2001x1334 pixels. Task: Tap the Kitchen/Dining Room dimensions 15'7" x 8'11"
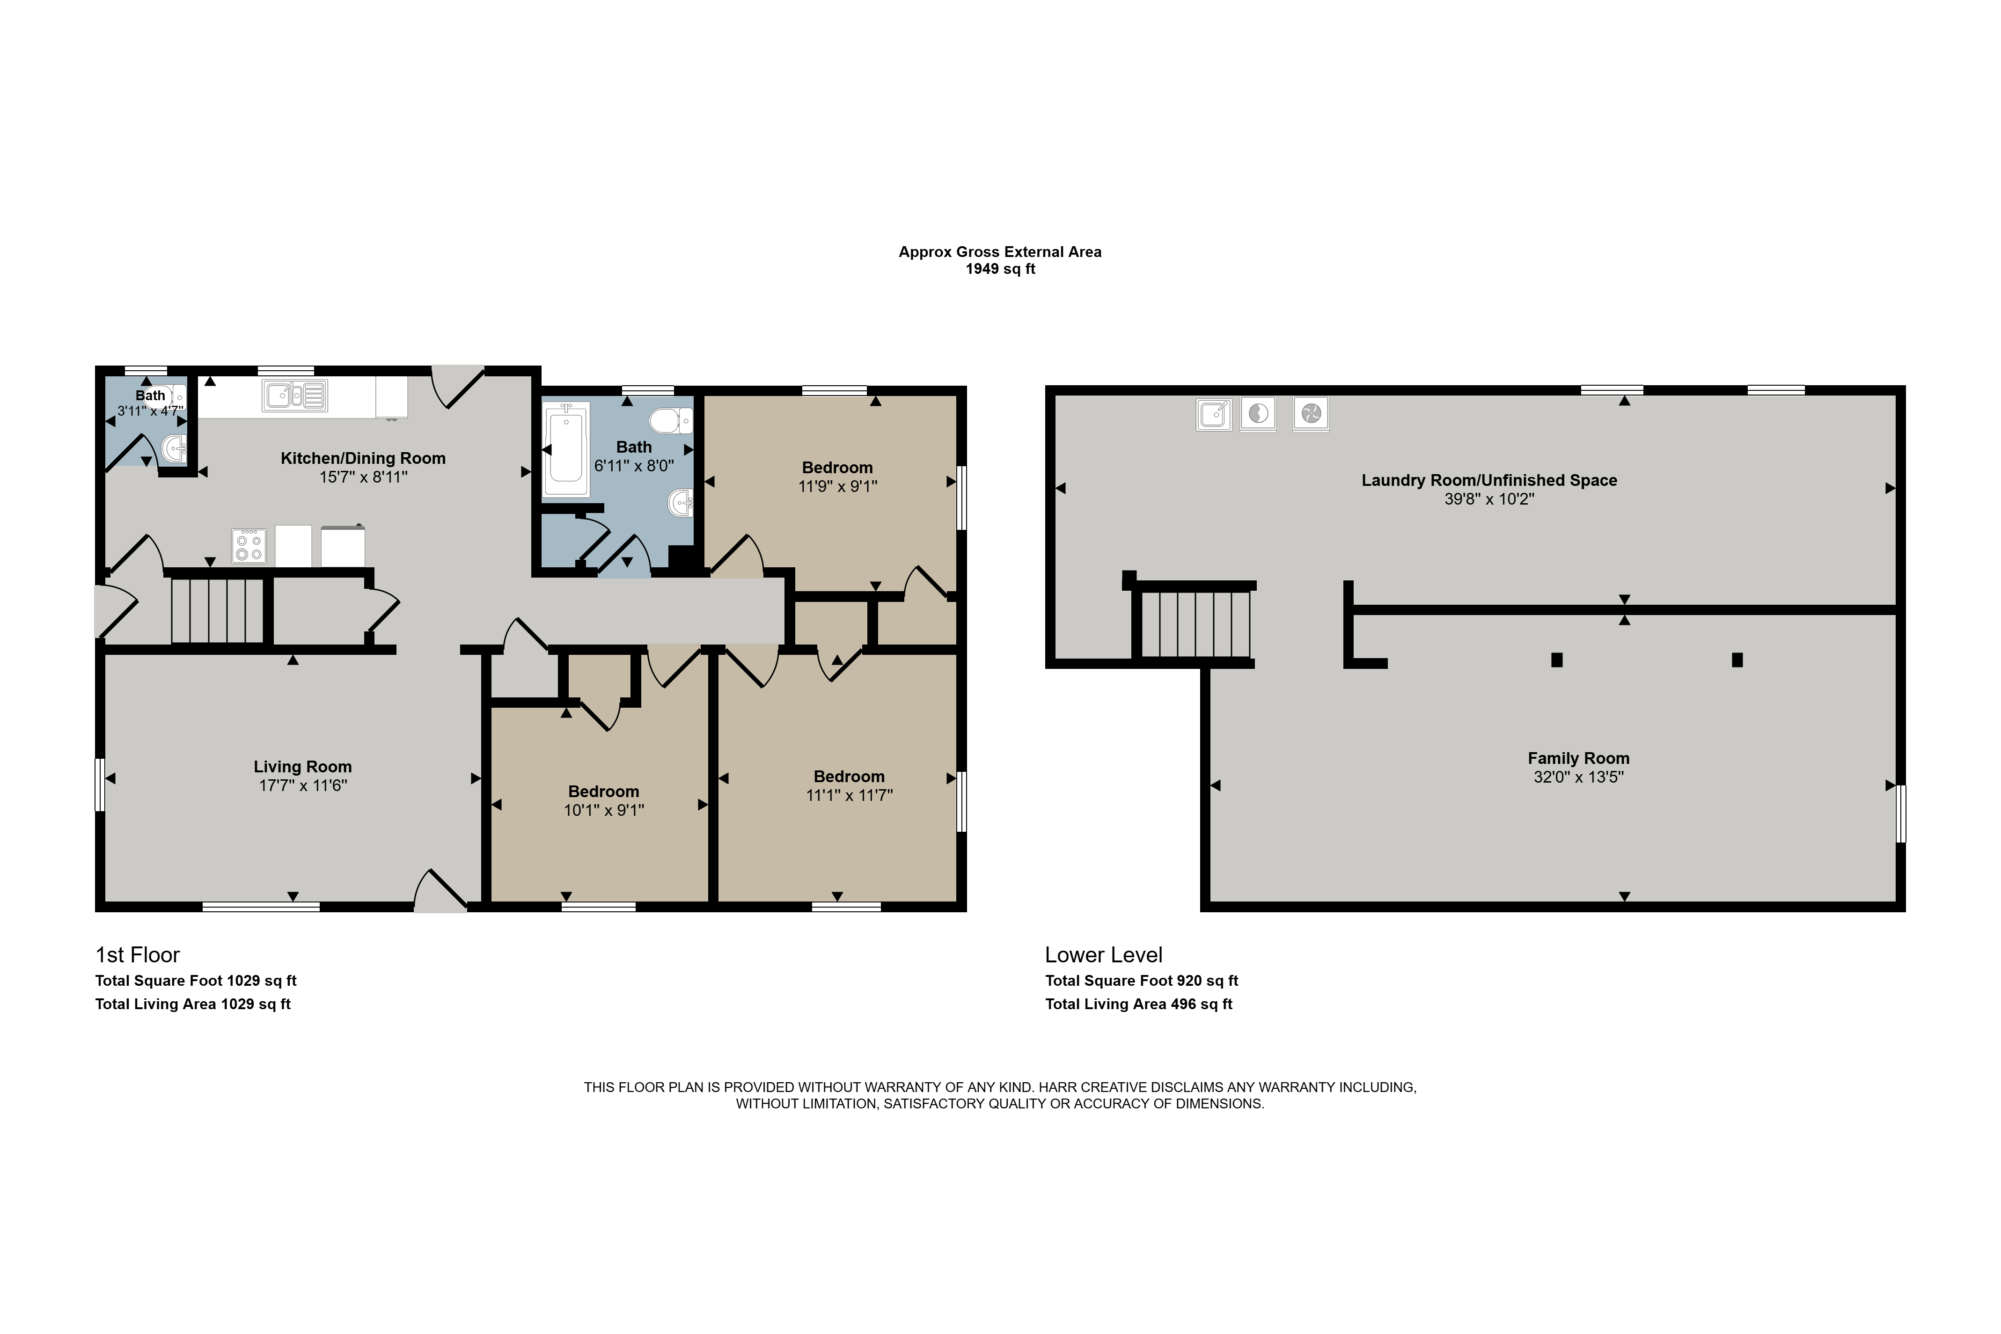pos(363,477)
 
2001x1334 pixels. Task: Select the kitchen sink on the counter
pos(294,396)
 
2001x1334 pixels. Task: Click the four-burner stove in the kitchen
pos(249,546)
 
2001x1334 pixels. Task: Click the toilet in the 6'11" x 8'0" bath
pos(670,420)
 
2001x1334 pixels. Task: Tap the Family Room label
pos(1578,758)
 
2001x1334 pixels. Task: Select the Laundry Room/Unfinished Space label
pos(1489,480)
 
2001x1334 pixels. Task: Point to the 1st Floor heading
pos(138,954)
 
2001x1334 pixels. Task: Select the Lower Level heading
pos(1103,954)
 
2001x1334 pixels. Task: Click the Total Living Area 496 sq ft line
pos(1138,1004)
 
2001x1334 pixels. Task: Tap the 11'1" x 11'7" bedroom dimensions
pos(849,795)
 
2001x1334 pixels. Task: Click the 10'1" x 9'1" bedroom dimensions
pos(604,810)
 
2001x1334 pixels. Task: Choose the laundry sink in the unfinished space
pos(1213,414)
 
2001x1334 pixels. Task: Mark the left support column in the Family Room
pos(1557,660)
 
